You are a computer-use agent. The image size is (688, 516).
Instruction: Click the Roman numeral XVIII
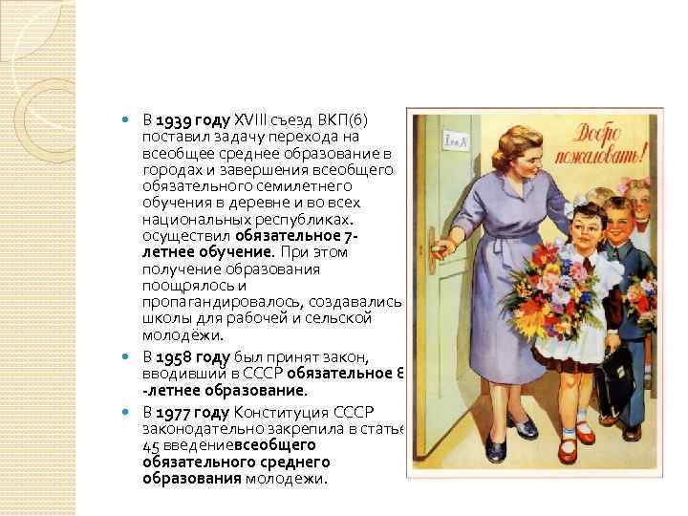254,120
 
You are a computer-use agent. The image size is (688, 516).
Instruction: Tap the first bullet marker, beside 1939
131,120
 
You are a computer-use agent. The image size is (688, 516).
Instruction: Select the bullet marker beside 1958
131,357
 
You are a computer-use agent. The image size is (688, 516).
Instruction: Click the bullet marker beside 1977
131,412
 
